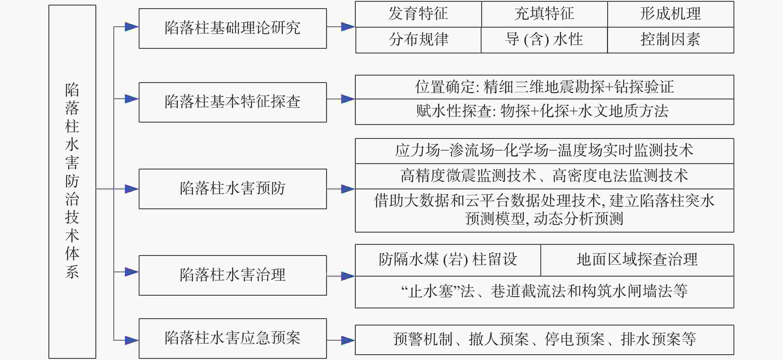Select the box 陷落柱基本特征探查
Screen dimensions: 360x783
pyautogui.click(x=232, y=102)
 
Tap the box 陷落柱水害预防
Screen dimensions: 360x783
pyautogui.click(x=232, y=189)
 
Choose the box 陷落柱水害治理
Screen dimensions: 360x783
pyautogui.click(x=232, y=275)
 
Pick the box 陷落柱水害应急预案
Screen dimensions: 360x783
pyautogui.click(x=232, y=338)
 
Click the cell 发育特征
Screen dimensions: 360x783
pyautogui.click(x=418, y=14)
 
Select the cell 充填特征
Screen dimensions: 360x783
pyautogui.click(x=544, y=14)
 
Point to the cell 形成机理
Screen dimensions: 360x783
pyautogui.click(x=670, y=14)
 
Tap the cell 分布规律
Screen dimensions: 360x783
pyautogui.click(x=418, y=40)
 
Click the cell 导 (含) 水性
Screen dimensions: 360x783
pyautogui.click(x=544, y=40)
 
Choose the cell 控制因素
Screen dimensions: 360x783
pyautogui.click(x=670, y=40)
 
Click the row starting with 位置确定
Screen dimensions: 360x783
pyautogui.click(x=544, y=87)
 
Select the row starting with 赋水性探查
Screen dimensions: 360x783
pyautogui.click(x=544, y=112)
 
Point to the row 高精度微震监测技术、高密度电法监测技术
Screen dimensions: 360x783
pyautogui.click(x=544, y=176)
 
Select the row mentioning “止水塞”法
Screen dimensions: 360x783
pyautogui.click(x=544, y=292)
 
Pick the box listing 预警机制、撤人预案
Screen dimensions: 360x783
pyautogui.click(x=544, y=340)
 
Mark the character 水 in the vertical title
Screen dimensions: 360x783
pyautogui.click(x=72, y=145)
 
